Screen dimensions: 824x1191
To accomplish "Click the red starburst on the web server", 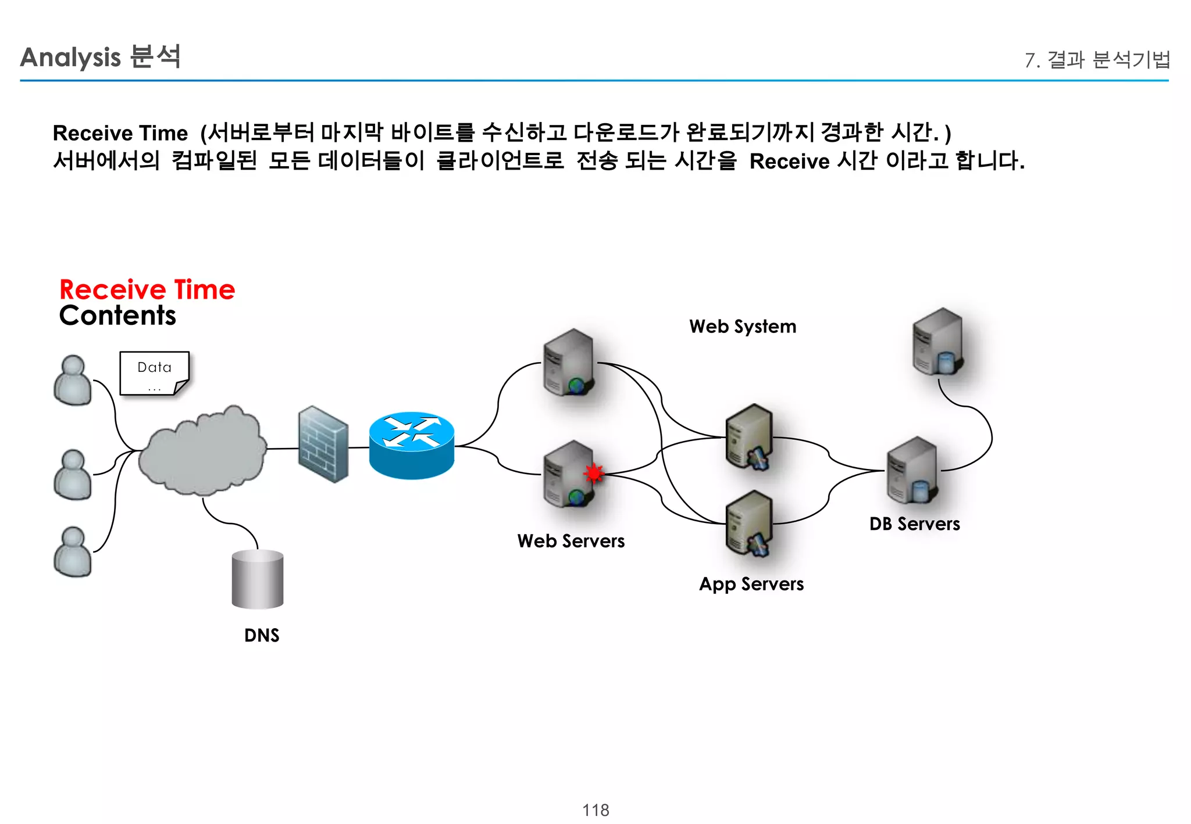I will [593, 474].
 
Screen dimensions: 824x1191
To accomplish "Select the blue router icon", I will [411, 446].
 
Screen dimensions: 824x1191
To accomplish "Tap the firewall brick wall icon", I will [323, 445].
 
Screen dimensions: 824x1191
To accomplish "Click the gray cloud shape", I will [202, 451].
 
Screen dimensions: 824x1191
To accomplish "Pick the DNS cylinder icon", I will [257, 579].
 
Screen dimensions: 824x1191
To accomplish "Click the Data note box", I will [154, 373].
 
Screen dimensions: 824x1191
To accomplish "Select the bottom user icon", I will [73, 551].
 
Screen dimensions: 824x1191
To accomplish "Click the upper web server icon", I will [569, 362].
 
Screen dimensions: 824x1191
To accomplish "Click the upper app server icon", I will [750, 437].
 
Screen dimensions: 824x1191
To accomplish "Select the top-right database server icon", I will [937, 342].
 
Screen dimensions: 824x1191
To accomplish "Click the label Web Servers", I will [570, 541].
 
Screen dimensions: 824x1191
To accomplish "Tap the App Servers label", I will [751, 584].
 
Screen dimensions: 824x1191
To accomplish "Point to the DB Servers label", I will [914, 524].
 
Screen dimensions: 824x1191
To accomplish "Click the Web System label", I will [742, 327].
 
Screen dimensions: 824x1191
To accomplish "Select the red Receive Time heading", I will [147, 289].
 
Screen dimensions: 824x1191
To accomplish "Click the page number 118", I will [595, 810].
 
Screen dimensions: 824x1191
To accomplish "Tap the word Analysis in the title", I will [70, 58].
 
